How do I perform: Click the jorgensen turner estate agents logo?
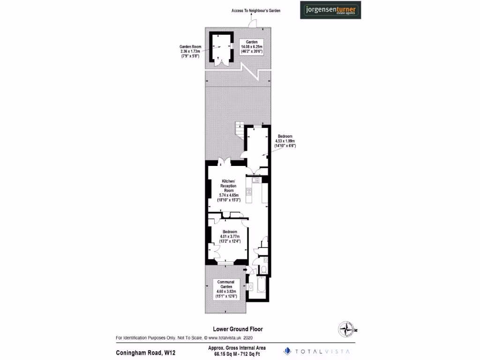coord(330,10)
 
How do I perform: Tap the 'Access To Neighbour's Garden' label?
coord(256,10)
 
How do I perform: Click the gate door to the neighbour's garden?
coord(252,23)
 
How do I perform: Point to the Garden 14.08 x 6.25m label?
coord(252,47)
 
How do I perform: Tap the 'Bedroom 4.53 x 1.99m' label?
coord(285,141)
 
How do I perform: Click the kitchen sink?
coord(256,180)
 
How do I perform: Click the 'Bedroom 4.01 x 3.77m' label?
coord(229,237)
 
